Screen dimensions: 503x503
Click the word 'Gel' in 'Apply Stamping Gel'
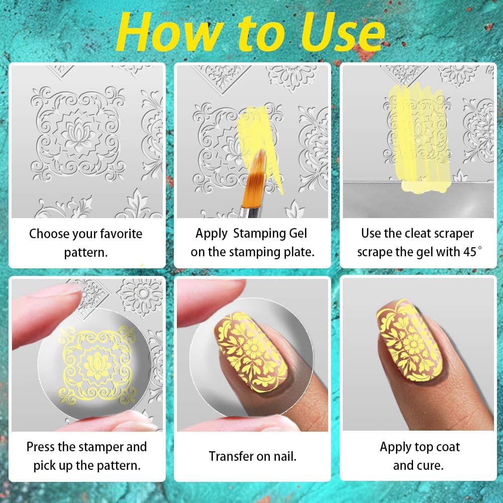click(x=297, y=234)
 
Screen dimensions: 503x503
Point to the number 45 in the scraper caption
click(x=470, y=252)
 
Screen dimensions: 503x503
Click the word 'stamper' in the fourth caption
click(x=100, y=447)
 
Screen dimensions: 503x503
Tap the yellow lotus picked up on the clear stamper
click(x=96, y=366)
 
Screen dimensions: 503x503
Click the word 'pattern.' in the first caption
click(x=85, y=253)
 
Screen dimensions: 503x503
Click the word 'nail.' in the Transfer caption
click(x=285, y=456)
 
